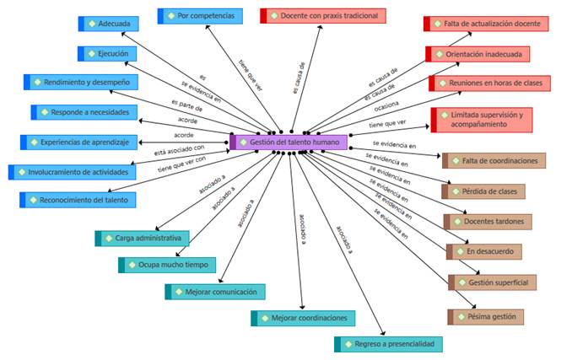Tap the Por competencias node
click(x=201, y=16)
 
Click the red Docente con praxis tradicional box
click(x=323, y=16)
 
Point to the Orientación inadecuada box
click(x=478, y=54)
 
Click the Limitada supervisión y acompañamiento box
click(x=482, y=120)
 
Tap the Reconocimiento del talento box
click(x=79, y=200)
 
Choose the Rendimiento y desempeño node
click(x=81, y=83)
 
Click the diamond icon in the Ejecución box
click(x=91, y=54)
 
